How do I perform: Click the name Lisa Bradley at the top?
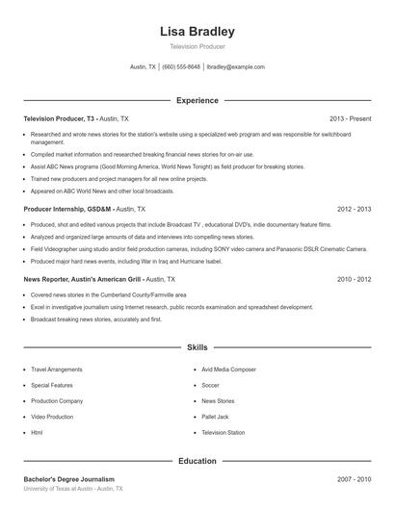click(x=197, y=32)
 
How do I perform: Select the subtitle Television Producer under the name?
click(x=197, y=47)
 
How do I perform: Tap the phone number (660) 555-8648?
click(x=181, y=67)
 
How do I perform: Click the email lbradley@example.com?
click(x=235, y=67)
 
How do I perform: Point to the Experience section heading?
click(x=197, y=100)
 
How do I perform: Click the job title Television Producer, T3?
click(x=60, y=118)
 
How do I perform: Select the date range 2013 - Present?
click(x=350, y=118)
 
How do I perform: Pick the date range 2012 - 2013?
click(x=354, y=209)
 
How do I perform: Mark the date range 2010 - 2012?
click(x=354, y=279)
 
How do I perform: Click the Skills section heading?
click(x=197, y=346)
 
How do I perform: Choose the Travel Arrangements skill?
click(x=57, y=369)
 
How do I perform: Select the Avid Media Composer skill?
click(x=228, y=369)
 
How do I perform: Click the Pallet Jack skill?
click(x=215, y=417)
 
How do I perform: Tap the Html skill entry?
click(x=37, y=433)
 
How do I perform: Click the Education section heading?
click(x=197, y=461)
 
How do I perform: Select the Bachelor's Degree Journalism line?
click(x=68, y=479)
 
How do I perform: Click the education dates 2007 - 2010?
click(x=354, y=479)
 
